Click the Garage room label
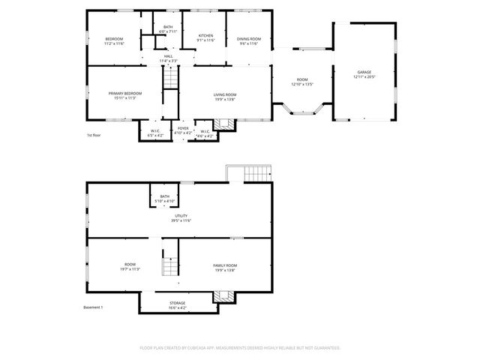pyautogui.click(x=364, y=72)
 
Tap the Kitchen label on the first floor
pyautogui.click(x=205, y=36)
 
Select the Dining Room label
pyautogui.click(x=249, y=38)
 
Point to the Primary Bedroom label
pyautogui.click(x=124, y=93)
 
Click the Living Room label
pyautogui.click(x=226, y=93)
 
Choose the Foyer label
pyautogui.click(x=183, y=128)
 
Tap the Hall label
pyautogui.click(x=169, y=56)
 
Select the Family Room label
pyautogui.click(x=225, y=265)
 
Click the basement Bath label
pyautogui.click(x=164, y=196)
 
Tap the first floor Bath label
pyautogui.click(x=168, y=27)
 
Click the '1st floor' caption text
pyautogui.click(x=94, y=135)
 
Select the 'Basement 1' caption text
pyautogui.click(x=93, y=307)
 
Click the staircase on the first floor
pyautogui.click(x=172, y=76)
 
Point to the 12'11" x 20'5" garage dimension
pyautogui.click(x=364, y=77)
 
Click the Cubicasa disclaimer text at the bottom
pyautogui.click(x=240, y=348)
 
